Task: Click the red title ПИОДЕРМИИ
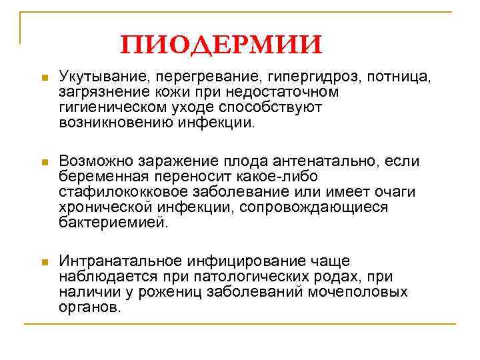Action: (221, 45)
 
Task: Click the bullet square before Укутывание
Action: (43, 79)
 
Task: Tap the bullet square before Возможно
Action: (43, 163)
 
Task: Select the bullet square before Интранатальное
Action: (43, 263)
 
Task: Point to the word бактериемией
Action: (110, 223)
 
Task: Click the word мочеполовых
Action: (365, 292)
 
